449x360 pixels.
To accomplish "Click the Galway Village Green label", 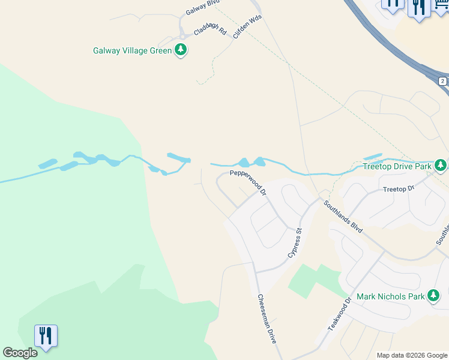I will click(132, 50).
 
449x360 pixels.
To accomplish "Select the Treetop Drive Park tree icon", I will click(441, 165).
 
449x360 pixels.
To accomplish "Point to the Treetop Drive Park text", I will click(397, 166).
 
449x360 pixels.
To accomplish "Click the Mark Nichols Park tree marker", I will click(433, 296).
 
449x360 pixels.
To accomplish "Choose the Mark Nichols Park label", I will click(390, 296).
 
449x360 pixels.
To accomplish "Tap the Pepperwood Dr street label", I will click(248, 182).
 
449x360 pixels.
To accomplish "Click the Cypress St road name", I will click(294, 244).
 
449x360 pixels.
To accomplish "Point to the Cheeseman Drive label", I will click(267, 318).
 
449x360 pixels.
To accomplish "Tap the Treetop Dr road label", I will click(399, 189).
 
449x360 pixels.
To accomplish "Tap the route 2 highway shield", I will click(442, 81).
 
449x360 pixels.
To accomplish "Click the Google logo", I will click(20, 353).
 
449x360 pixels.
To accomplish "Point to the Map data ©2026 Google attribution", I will click(411, 355).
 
